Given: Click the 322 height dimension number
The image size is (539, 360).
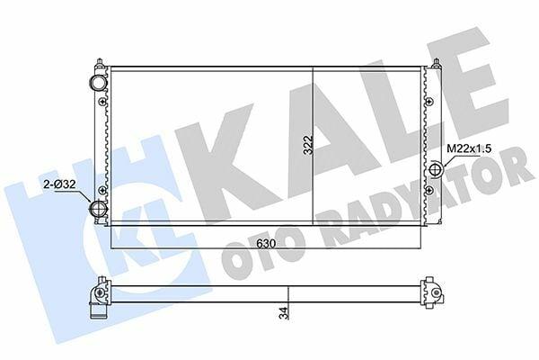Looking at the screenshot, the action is pos(309,145).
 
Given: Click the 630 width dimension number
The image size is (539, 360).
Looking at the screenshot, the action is pos(266,244).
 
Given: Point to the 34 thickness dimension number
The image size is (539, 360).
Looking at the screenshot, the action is pos(284,313).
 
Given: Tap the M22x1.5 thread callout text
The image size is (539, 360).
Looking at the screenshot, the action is pos(469,148).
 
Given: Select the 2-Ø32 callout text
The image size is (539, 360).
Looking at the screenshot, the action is pos(59,184).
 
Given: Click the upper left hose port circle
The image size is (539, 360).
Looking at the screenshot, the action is pos(98,83).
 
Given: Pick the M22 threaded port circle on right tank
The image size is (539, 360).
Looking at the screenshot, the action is pos(437,169).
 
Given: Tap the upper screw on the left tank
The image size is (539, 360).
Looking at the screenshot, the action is pos(102,102).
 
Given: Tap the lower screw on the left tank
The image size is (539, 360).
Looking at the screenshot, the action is pos(102,190).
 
